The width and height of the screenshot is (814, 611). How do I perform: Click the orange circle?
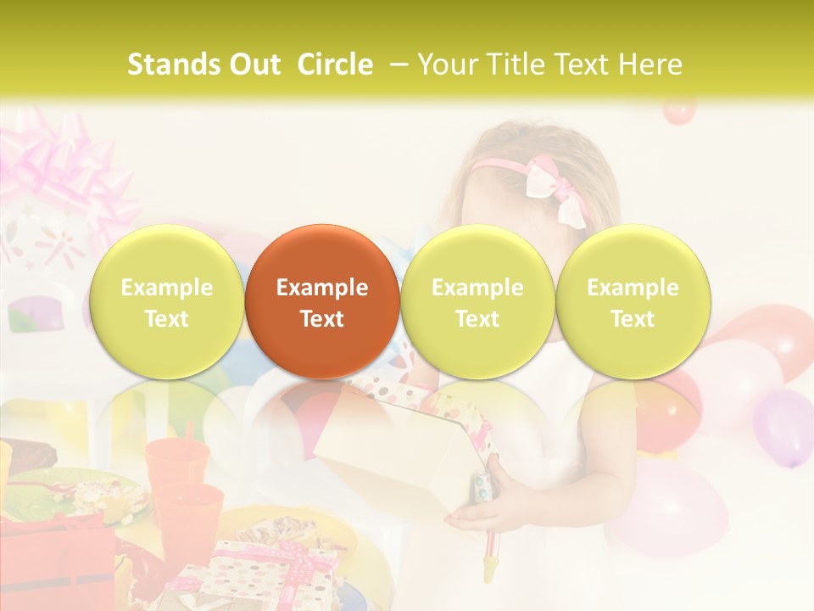(x=322, y=302)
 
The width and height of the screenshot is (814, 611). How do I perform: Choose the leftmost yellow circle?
(x=167, y=302)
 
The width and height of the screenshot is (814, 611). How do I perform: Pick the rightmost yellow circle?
(x=633, y=302)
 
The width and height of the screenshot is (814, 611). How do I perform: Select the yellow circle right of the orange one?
(x=477, y=302)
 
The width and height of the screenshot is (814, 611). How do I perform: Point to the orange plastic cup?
(x=177, y=462)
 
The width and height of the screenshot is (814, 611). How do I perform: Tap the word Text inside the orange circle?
(x=322, y=319)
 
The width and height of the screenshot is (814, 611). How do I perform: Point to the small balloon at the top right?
(x=678, y=110)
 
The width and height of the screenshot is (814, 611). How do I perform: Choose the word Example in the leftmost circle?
(x=167, y=288)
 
